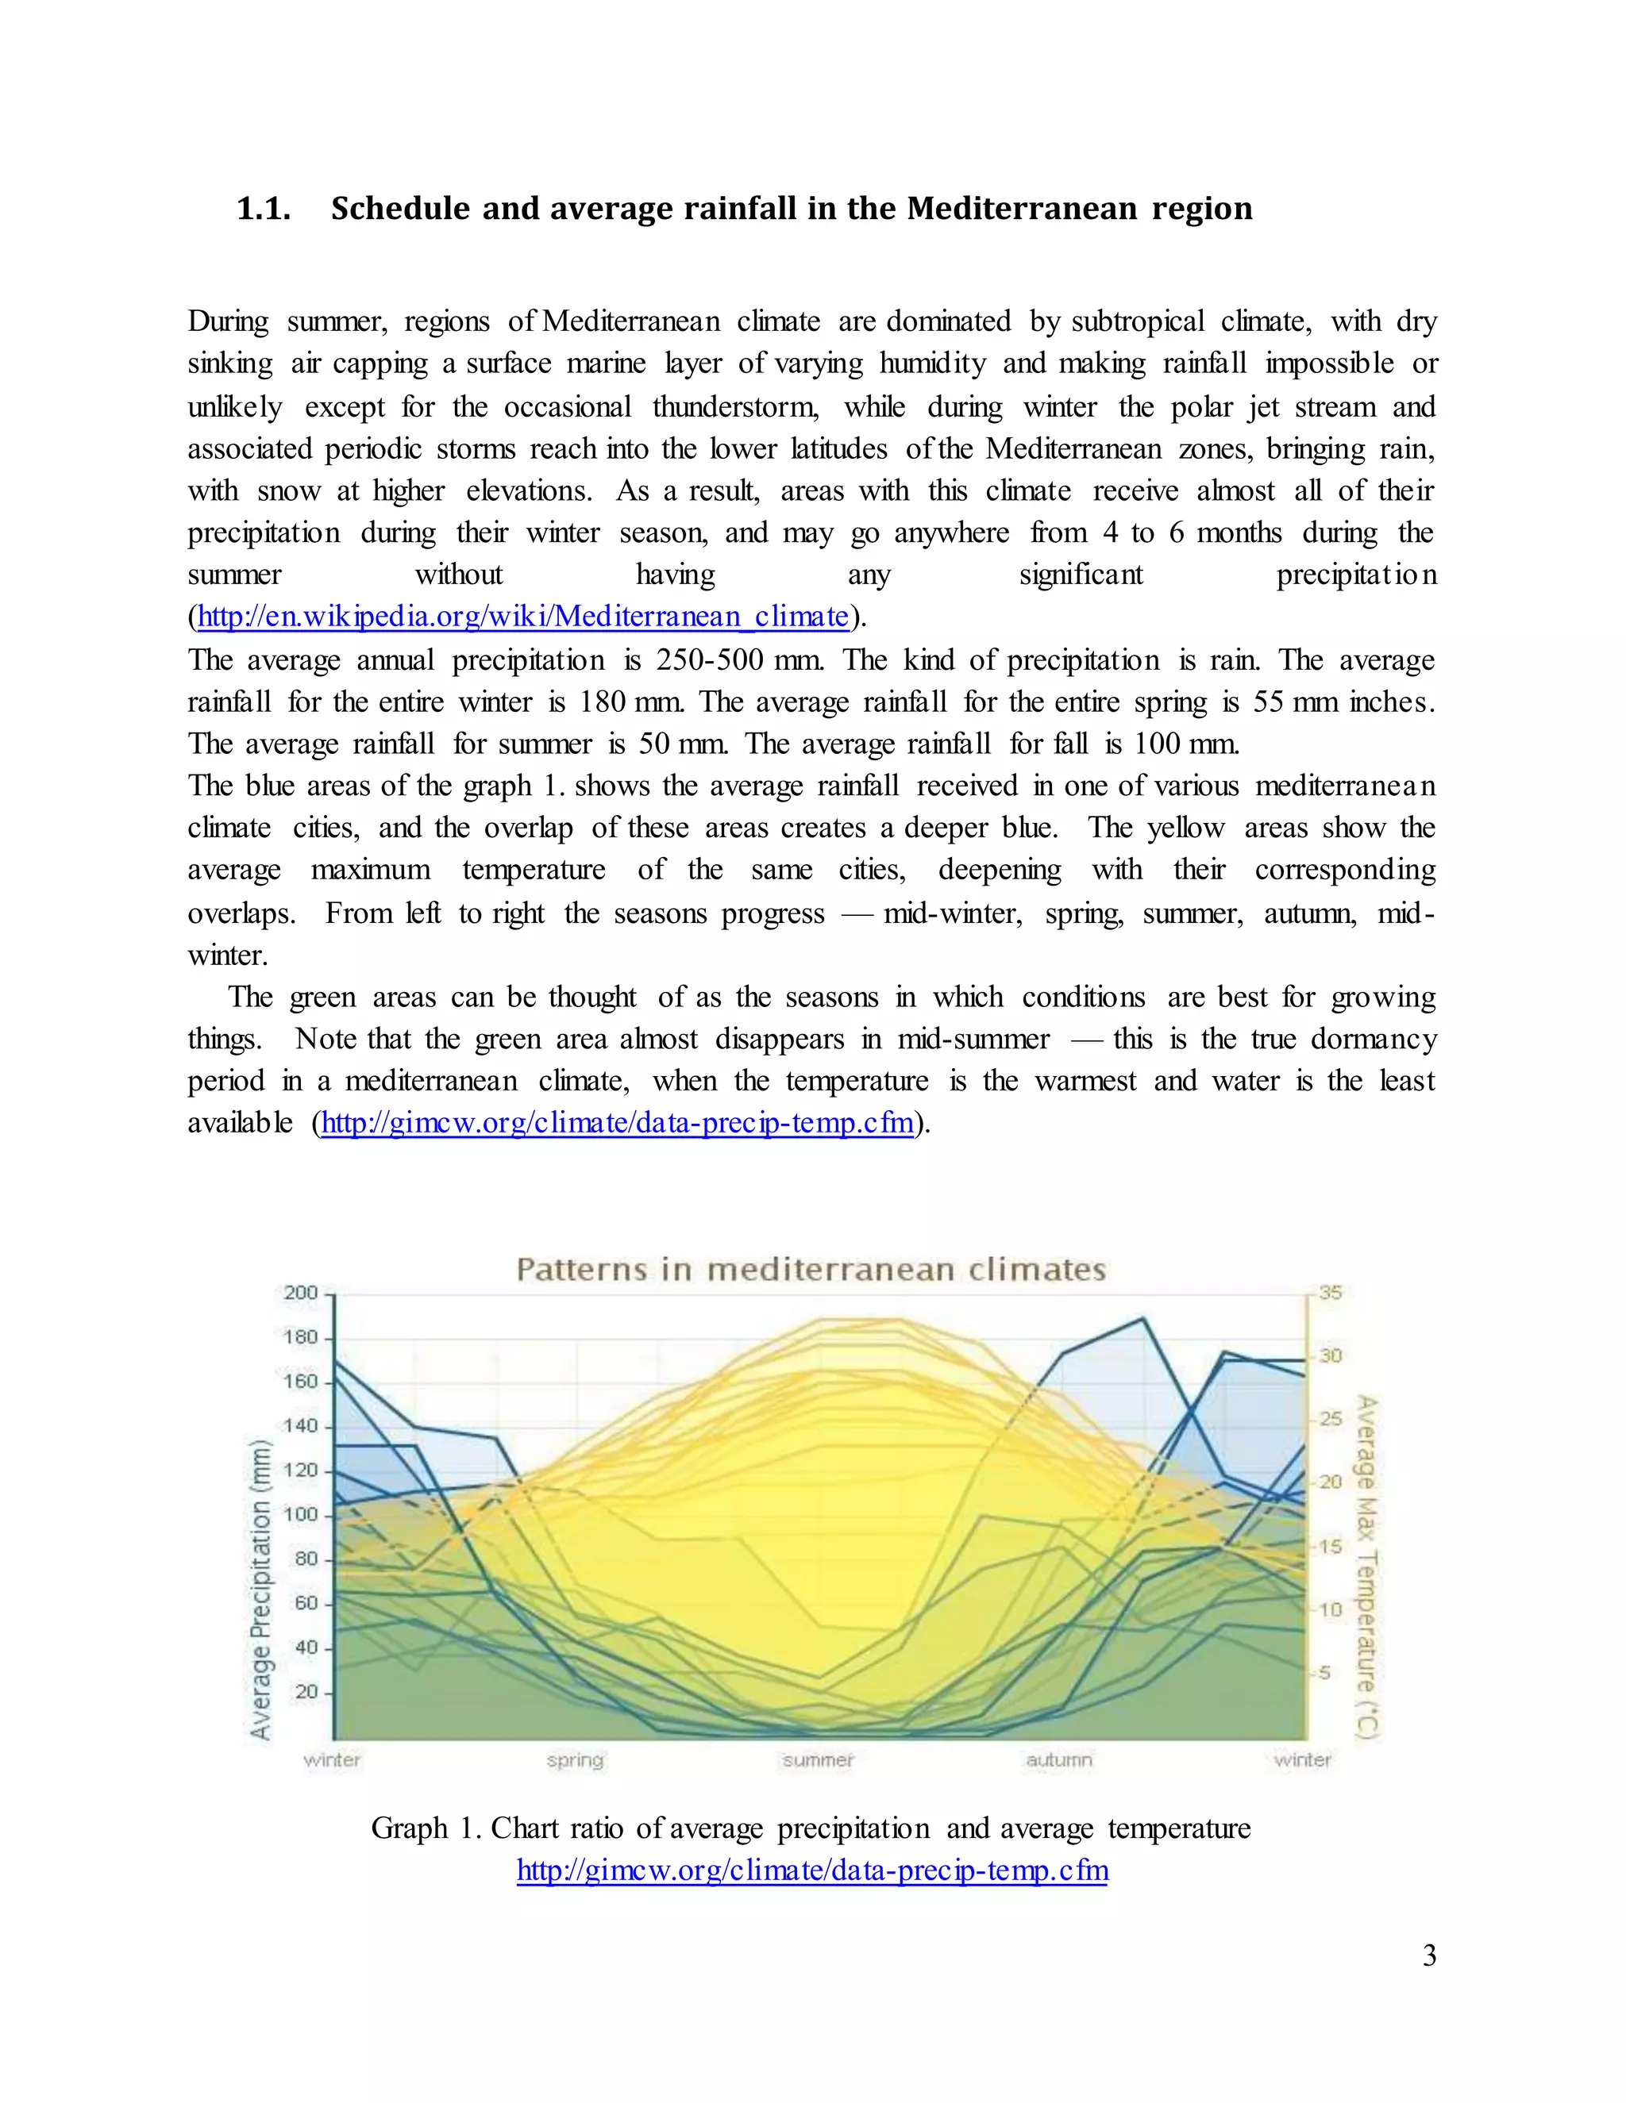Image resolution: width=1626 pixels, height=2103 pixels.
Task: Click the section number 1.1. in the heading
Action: click(x=263, y=209)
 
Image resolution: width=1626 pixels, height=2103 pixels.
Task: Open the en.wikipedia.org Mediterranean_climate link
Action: click(x=523, y=617)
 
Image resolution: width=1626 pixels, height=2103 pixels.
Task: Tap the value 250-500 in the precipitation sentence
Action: click(x=710, y=660)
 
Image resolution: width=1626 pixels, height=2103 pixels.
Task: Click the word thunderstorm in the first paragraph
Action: click(x=735, y=406)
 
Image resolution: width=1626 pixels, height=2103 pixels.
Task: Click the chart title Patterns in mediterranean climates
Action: click(x=811, y=1269)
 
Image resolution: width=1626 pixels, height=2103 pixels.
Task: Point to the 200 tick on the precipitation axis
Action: click(x=301, y=1294)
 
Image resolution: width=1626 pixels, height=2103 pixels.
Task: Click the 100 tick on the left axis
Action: click(x=301, y=1515)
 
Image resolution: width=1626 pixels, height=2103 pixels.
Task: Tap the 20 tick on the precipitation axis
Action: click(x=306, y=1692)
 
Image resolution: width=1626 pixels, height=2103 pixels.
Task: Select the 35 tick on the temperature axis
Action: click(x=1331, y=1292)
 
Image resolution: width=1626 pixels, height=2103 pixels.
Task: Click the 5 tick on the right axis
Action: click(x=1324, y=1673)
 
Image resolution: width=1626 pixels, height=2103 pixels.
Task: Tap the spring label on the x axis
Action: click(x=575, y=1760)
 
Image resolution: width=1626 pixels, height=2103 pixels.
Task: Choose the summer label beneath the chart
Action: click(x=818, y=1760)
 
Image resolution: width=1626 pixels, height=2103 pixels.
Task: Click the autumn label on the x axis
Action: click(x=1058, y=1760)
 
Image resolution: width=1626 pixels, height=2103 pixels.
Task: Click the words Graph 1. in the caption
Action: click(x=426, y=1828)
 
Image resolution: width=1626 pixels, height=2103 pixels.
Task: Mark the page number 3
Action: click(x=1428, y=1955)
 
